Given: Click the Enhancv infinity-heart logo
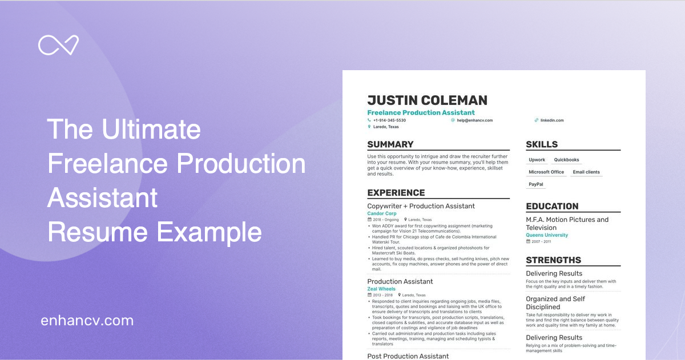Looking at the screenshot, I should (x=58, y=45).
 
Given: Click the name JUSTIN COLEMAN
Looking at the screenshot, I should (x=427, y=100).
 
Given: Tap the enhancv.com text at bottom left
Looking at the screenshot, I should (x=87, y=321).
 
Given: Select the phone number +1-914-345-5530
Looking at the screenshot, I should (x=389, y=120).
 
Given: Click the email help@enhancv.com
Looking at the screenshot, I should (x=474, y=120).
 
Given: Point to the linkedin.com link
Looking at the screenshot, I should (x=552, y=120).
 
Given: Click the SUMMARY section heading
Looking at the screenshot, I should (x=390, y=144).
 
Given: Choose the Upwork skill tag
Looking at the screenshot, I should (x=537, y=160).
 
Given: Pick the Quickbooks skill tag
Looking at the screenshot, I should (x=566, y=160).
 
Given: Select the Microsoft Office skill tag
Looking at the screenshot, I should (x=546, y=172).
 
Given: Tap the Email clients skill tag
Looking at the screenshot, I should (x=586, y=172).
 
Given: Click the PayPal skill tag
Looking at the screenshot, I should (x=536, y=184).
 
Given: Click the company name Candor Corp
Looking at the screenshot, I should (x=382, y=213).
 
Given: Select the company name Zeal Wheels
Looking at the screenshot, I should (x=381, y=289).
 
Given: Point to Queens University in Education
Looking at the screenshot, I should (x=547, y=235).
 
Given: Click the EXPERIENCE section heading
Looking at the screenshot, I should (x=396, y=193).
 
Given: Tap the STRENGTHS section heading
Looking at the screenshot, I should (x=553, y=260).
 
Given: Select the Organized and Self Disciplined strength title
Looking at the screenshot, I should (x=555, y=303).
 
